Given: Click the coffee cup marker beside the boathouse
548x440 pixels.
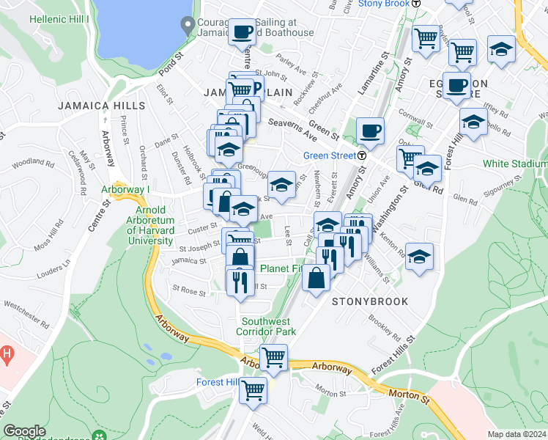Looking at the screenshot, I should (x=242, y=32).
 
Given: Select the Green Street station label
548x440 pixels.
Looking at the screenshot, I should (x=330, y=155).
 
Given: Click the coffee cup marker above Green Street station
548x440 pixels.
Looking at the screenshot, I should (x=370, y=132).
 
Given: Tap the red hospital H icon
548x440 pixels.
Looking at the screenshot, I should (x=7, y=355).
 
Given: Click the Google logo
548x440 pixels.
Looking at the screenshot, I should (x=24, y=432).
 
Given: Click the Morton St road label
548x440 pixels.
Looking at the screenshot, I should (x=410, y=397).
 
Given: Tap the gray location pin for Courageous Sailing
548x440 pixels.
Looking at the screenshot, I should (x=188, y=24).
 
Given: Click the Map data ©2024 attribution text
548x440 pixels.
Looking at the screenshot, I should (x=516, y=434).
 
